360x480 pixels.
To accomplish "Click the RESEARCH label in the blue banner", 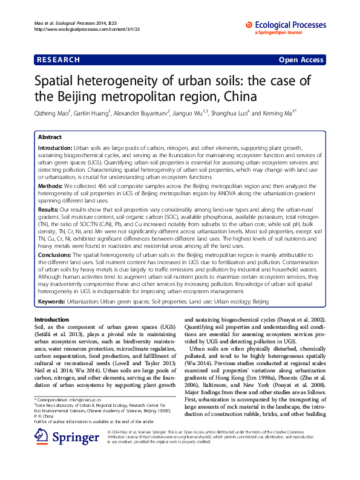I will tap(58, 60).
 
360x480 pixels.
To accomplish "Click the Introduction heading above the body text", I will tap(51, 319).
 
